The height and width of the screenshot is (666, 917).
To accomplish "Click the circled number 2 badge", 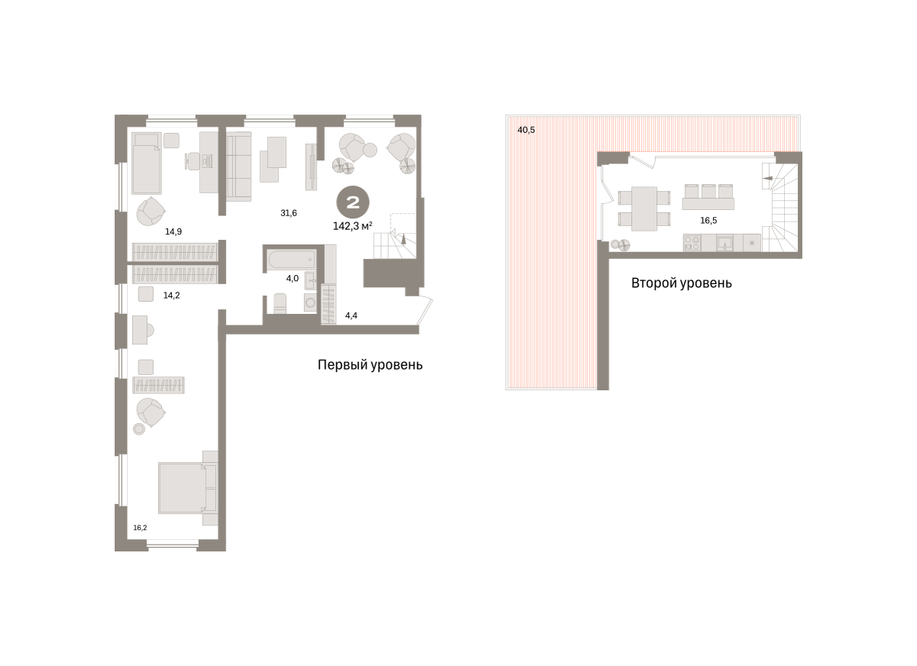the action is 353,202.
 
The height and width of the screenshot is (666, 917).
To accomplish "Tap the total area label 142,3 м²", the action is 352,226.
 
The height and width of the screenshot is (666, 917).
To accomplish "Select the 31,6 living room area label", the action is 289,213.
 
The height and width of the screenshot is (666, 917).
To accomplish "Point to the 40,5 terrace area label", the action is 526,130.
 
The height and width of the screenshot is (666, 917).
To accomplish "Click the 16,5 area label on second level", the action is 708,221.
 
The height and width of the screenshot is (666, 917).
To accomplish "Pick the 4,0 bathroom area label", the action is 292,279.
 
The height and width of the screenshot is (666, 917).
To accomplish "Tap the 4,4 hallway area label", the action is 352,315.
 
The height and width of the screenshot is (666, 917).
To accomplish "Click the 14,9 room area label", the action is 173,231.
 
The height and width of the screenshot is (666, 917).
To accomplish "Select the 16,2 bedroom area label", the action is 140,528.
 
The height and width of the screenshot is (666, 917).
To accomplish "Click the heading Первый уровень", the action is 370,364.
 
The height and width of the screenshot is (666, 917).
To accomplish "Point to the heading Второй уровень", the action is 681,283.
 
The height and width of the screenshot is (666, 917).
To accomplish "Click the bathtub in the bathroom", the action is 291,260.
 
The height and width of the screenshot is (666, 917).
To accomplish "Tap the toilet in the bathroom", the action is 280,303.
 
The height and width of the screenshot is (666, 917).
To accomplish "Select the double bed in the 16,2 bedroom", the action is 188,487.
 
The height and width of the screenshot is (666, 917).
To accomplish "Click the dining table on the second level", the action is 644,209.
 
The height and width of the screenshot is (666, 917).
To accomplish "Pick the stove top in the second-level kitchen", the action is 692,243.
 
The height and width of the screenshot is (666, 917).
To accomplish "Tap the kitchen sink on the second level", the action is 724,243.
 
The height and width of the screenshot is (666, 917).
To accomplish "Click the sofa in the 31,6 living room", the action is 238,166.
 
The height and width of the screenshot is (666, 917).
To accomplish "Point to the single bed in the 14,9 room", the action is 147,163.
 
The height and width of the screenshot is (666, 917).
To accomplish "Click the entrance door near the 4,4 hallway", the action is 426,311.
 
